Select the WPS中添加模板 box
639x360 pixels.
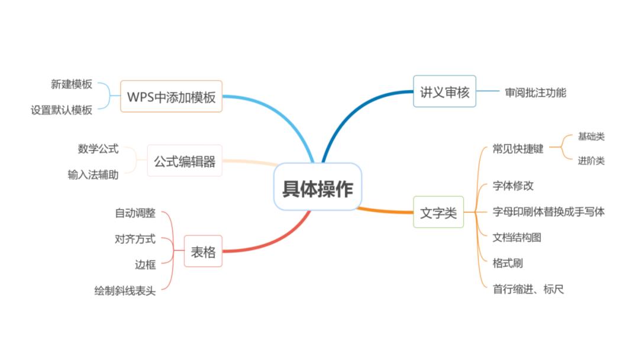[171, 97]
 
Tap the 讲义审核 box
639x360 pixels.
[444, 92]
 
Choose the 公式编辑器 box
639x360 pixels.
[185, 161]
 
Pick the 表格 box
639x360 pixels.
[203, 252]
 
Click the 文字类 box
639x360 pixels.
[438, 213]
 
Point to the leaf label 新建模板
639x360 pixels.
[72, 84]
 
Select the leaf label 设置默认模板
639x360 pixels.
[62, 110]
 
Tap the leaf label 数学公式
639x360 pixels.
[98, 149]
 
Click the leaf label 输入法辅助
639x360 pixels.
[93, 175]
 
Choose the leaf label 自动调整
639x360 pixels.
[135, 213]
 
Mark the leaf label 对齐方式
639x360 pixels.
[135, 239]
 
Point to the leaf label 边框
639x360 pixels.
[145, 265]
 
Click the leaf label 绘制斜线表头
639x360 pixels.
[125, 291]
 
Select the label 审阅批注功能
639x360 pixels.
[535, 92]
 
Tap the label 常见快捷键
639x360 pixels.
[518, 149]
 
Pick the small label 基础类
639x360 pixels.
[591, 137]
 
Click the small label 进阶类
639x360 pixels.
[591, 161]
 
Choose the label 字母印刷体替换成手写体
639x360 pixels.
[548, 211]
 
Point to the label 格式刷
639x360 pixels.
[508, 263]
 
